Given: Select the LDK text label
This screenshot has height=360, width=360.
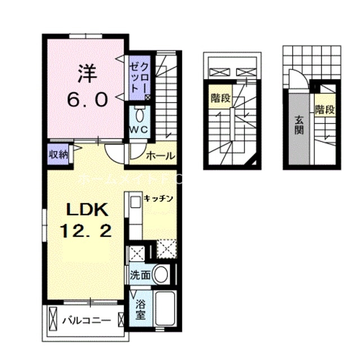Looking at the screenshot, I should click(x=87, y=210).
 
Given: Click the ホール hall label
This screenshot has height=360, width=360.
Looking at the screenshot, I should click(x=161, y=156).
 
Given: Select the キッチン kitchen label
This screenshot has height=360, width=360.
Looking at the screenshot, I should click(x=158, y=198).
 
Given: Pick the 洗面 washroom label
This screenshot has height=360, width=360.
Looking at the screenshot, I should click(x=139, y=276).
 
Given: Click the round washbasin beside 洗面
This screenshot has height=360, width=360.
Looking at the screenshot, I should click(x=161, y=275).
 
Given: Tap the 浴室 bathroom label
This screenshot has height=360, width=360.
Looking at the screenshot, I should click(x=141, y=309).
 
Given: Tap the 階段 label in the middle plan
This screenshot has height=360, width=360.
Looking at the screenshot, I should click(x=220, y=99).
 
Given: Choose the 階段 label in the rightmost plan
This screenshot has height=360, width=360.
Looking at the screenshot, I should click(x=325, y=109).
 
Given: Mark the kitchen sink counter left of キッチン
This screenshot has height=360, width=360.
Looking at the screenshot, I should click(x=135, y=217).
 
